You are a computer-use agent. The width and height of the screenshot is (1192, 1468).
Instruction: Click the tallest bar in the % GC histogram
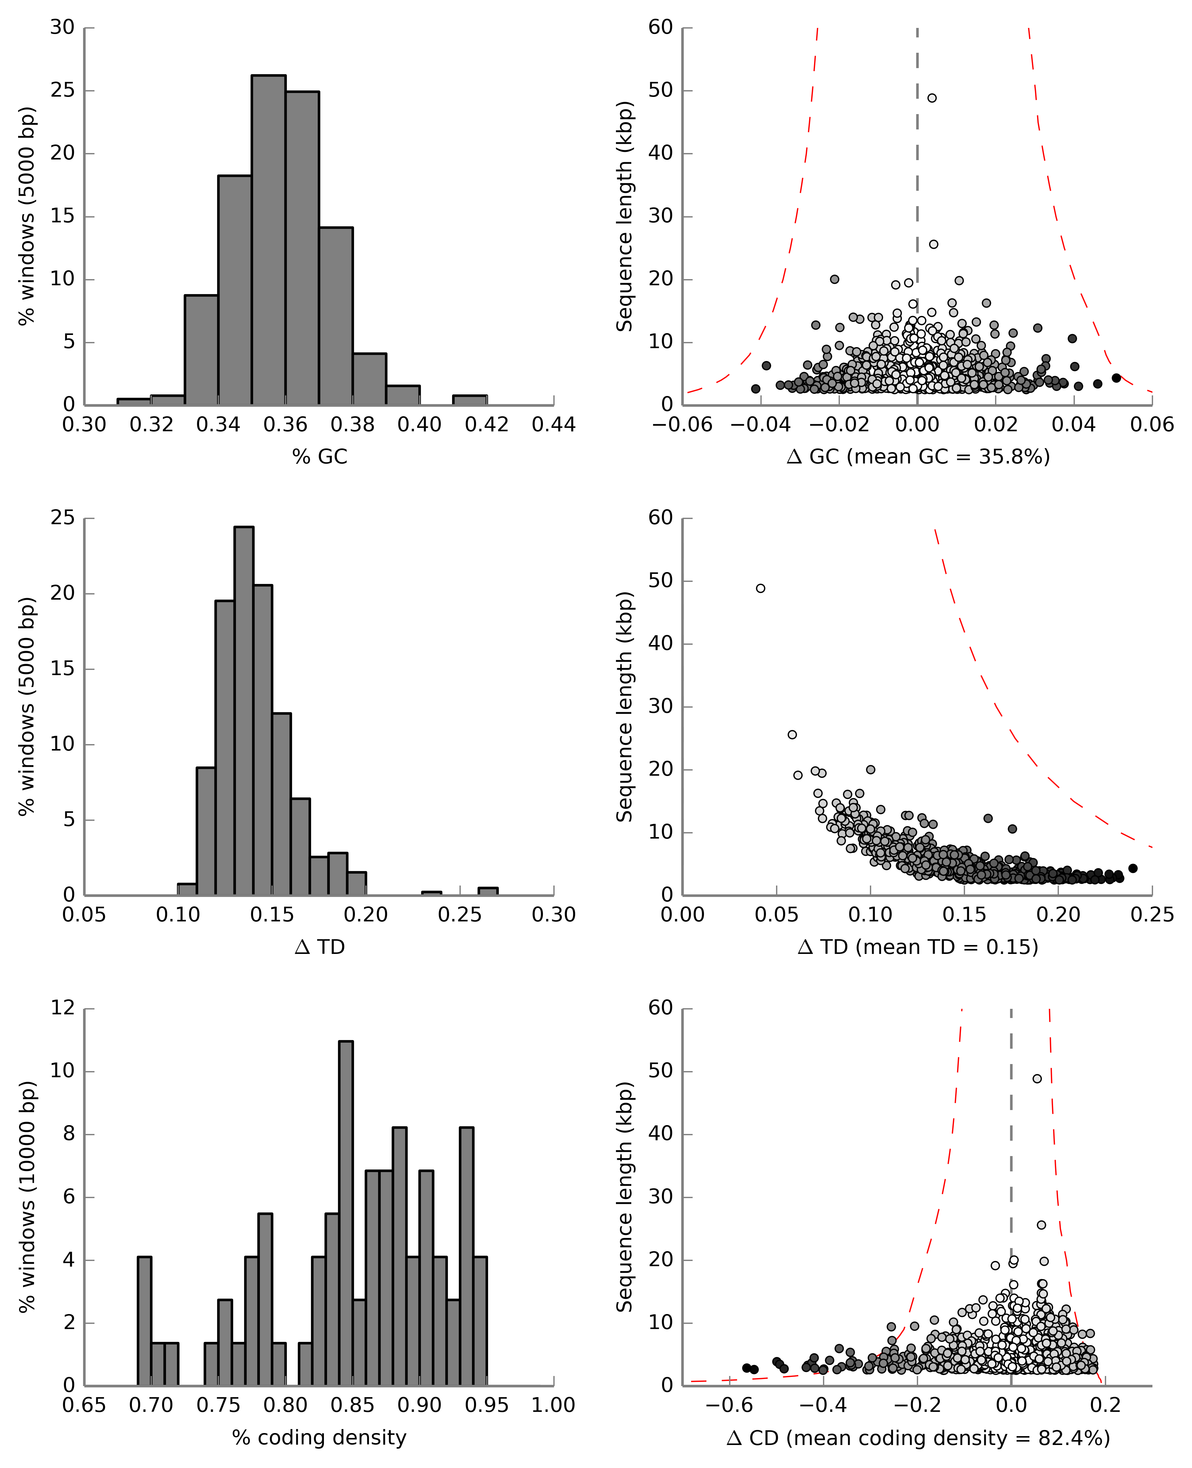268,240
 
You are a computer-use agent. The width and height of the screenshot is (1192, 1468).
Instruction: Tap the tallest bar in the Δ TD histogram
244,711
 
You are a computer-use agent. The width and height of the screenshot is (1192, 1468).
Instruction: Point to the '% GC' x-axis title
319,457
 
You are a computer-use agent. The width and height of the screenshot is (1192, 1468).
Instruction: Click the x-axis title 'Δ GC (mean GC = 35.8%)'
918,457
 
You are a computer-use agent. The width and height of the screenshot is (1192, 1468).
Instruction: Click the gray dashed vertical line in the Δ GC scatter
917,172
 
